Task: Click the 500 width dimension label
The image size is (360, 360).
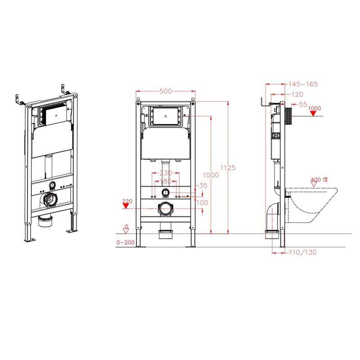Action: click(166, 91)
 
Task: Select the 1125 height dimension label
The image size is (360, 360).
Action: click(228, 167)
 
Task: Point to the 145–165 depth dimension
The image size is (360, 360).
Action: click(303, 84)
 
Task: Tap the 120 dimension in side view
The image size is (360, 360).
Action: click(297, 94)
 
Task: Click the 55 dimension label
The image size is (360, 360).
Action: click(303, 104)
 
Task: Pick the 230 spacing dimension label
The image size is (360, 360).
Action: click(166, 173)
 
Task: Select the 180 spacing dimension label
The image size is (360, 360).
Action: click(166, 181)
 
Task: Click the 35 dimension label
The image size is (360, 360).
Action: click(203, 185)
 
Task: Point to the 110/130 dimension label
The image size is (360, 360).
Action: click(303, 252)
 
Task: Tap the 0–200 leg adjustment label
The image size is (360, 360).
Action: click(126, 243)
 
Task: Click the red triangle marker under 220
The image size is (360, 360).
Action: click(126, 206)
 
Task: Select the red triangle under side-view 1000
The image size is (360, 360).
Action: click(313, 113)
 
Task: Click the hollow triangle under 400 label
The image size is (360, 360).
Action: click(314, 184)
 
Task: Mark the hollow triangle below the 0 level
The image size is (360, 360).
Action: click(126, 231)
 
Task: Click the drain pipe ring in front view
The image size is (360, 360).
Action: click(165, 209)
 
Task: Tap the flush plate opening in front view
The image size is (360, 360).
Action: click(166, 116)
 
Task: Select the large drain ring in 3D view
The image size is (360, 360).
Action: click(50, 200)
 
